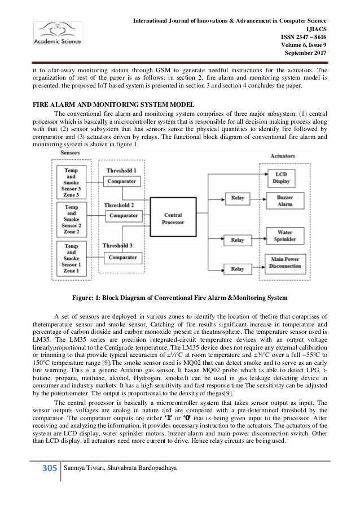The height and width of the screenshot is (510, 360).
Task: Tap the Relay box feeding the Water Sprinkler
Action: [x=234, y=239]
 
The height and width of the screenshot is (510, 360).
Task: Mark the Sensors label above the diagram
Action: [x=68, y=153]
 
